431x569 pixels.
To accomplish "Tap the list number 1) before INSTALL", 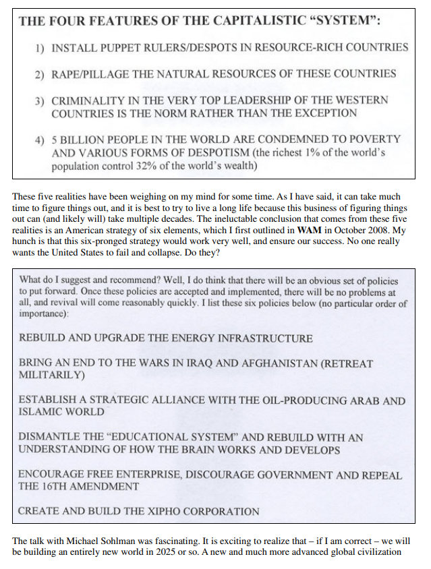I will [x=40, y=48].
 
